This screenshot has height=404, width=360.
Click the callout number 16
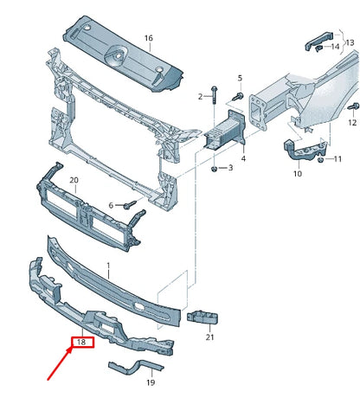point(148,38)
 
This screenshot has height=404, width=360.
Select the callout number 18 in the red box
point(80,343)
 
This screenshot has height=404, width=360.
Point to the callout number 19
point(149,382)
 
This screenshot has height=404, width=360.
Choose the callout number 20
point(74,180)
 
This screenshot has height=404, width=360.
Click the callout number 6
point(111,205)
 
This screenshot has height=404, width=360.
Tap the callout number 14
point(336,46)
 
